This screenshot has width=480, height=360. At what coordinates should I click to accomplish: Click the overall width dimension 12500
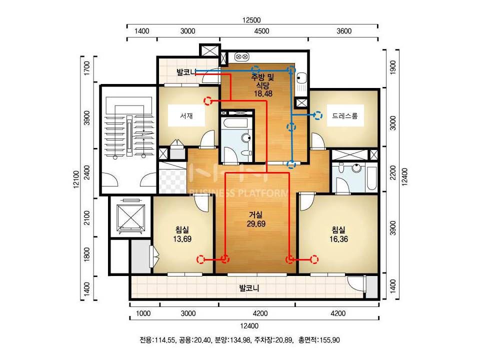(x=251, y=20)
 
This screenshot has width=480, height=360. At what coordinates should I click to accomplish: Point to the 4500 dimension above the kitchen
(x=261, y=31)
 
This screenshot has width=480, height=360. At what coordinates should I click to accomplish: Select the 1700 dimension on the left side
(x=87, y=68)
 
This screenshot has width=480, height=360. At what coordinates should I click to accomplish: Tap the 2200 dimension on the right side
(x=393, y=172)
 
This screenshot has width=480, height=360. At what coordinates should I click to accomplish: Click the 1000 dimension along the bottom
(x=143, y=313)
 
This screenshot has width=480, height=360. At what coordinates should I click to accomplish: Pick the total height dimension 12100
(x=76, y=179)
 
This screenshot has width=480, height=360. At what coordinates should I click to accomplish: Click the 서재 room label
(x=186, y=115)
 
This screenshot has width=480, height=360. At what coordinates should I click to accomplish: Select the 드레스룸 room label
(x=344, y=115)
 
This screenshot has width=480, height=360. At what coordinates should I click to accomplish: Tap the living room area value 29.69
(x=256, y=224)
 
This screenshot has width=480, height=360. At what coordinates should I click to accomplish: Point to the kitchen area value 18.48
(x=263, y=93)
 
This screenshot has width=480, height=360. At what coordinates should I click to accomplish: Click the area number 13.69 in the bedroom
(x=182, y=239)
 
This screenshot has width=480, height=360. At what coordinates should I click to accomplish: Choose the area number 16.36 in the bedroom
(x=338, y=239)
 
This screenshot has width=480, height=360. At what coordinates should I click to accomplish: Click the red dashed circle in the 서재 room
(x=208, y=100)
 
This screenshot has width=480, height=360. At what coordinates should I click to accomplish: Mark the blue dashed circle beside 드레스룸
(x=318, y=115)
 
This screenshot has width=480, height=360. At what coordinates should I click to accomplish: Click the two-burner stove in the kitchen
(x=242, y=57)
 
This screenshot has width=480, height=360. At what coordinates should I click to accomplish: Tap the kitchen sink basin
(x=301, y=78)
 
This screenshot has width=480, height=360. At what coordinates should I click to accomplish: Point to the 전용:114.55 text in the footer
(x=157, y=340)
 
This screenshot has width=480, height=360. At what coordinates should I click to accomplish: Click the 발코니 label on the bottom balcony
(x=249, y=288)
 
